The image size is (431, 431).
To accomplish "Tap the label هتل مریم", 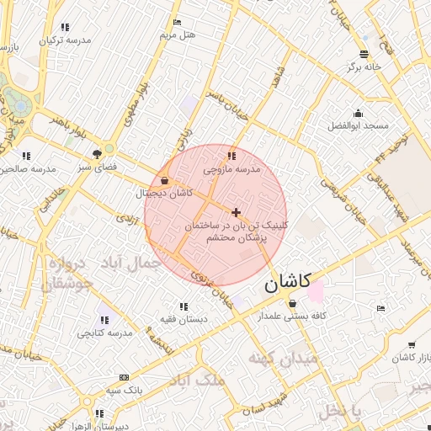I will [178, 35].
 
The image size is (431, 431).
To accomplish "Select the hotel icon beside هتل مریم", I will [177, 22].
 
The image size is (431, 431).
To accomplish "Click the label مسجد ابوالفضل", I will [359, 125].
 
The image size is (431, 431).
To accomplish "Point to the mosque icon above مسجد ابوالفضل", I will [359, 114].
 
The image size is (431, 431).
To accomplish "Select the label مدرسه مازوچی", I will [232, 169].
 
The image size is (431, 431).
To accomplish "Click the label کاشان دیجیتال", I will [165, 193].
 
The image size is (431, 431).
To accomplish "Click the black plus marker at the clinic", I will [236, 212].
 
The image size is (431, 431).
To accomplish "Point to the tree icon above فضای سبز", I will [97, 154].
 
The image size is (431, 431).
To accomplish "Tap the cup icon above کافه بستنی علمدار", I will [292, 303].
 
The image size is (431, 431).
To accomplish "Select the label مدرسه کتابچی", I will [105, 333].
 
